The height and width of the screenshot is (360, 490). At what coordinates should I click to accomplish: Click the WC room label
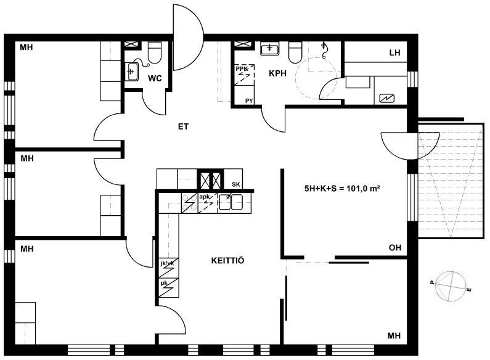click(155, 78)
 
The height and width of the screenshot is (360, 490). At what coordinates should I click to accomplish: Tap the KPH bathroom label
click(277, 73)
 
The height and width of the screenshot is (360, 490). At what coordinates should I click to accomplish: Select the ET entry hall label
click(184, 126)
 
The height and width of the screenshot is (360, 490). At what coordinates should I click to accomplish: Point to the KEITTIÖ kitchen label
click(228, 260)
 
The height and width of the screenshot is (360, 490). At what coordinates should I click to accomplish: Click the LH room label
click(394, 52)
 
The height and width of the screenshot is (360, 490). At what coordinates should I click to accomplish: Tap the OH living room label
click(395, 248)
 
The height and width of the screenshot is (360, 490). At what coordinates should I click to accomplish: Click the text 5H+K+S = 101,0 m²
click(342, 189)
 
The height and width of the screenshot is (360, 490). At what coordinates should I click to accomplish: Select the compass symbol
click(451, 287)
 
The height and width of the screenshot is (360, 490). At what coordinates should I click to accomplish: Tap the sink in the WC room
click(132, 72)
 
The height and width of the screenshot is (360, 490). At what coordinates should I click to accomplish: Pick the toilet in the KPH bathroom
click(296, 52)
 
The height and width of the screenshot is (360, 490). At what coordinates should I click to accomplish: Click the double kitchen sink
click(231, 202)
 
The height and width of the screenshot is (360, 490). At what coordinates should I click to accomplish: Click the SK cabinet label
click(236, 184)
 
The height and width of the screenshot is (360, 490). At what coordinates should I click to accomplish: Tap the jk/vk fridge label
click(167, 263)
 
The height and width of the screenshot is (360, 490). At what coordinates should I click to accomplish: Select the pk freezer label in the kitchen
click(164, 283)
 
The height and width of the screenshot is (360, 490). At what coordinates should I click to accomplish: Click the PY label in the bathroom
click(249, 100)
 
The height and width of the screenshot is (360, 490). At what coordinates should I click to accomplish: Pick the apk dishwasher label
click(205, 197)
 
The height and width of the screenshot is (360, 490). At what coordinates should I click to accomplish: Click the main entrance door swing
click(188, 37)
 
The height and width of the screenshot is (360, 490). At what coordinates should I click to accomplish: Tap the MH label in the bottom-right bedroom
click(394, 335)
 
